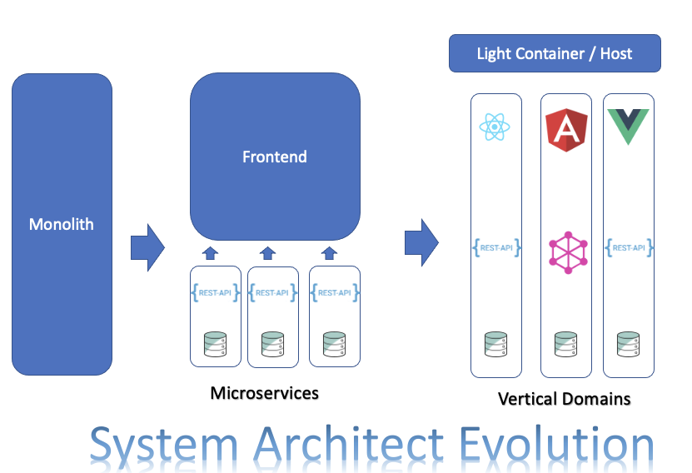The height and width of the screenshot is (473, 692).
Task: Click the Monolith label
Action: click(62, 224)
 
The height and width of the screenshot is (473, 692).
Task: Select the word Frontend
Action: click(275, 157)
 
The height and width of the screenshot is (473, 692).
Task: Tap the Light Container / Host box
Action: click(555, 53)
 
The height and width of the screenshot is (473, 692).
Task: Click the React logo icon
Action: click(495, 127)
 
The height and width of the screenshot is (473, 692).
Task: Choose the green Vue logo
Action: click(629, 127)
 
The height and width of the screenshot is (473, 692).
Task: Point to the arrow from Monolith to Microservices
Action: click(147, 247)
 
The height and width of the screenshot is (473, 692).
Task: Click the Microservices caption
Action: click(264, 392)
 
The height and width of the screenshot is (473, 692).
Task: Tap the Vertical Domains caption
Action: click(564, 399)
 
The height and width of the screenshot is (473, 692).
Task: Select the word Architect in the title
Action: click(366, 445)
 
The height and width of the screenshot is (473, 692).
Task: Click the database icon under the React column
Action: click(495, 343)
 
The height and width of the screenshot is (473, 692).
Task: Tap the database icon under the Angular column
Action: click(566, 343)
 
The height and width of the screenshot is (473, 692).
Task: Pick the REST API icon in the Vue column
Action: click(629, 247)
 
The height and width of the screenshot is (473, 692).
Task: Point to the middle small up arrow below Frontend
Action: click(267, 252)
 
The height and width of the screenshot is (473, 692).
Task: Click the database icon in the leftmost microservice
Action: click(216, 343)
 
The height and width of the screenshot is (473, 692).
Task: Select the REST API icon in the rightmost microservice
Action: click(334, 292)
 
